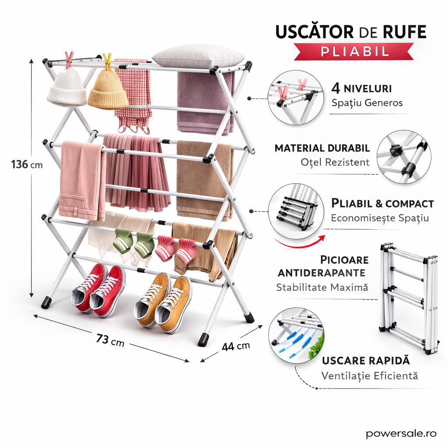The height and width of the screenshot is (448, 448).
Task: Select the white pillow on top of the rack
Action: tap(198, 56)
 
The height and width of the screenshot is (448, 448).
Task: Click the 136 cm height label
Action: tap(27, 164)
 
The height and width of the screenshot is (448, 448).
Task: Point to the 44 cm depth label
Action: tap(235, 346)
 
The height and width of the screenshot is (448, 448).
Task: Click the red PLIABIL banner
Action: tap(354, 51)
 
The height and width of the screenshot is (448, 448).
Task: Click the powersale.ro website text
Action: tap(401, 433)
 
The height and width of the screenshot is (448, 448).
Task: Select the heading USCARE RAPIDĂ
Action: tap(366, 360)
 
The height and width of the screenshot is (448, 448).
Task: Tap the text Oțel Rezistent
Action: tap(335, 162)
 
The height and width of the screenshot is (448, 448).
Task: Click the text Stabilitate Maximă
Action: tap(322, 287)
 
